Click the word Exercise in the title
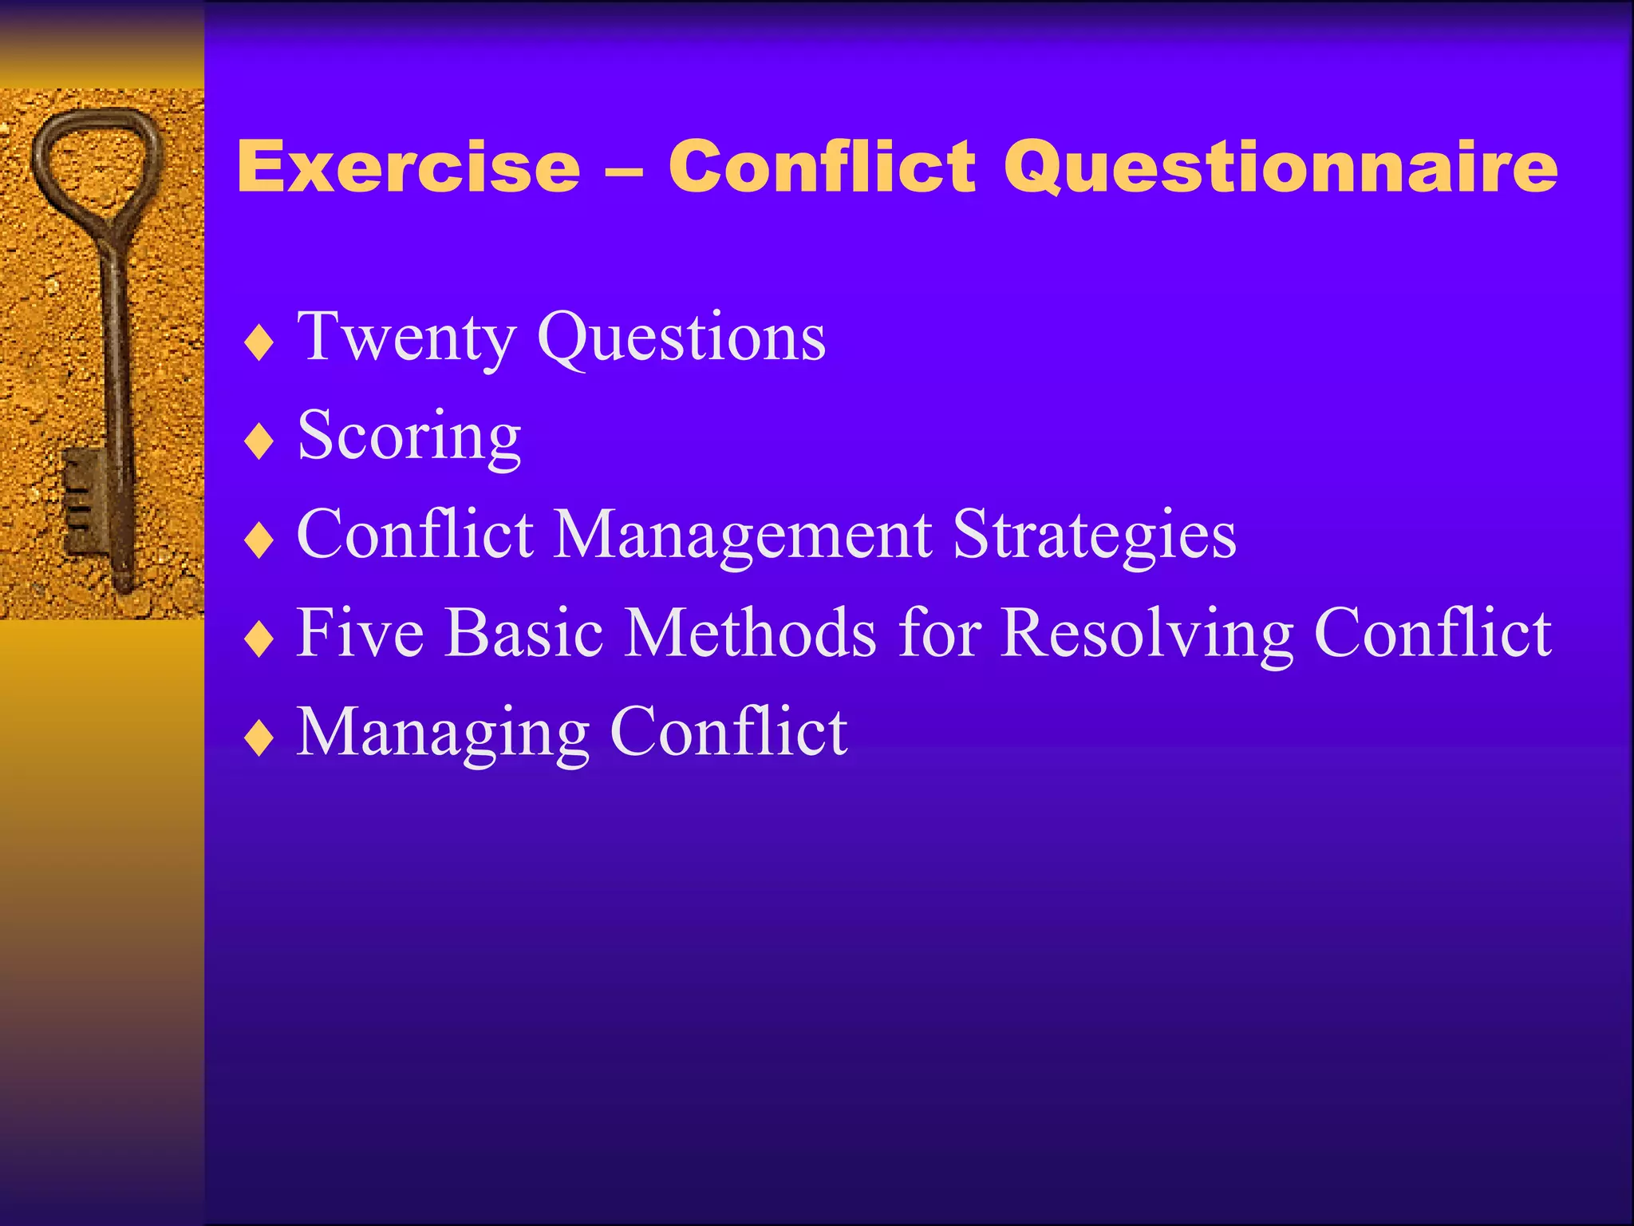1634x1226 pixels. (408, 167)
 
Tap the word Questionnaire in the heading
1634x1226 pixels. (1280, 167)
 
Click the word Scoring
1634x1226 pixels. (408, 437)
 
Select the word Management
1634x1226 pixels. (742, 535)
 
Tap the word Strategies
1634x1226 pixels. (1094, 535)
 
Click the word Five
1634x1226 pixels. (360, 633)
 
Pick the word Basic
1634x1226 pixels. (523, 633)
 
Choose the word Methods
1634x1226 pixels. (750, 633)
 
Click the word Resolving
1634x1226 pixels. (1146, 633)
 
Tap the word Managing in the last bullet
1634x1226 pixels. (443, 733)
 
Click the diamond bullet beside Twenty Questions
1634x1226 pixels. (259, 344)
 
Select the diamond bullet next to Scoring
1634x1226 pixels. (259, 442)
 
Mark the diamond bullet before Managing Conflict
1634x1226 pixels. (259, 738)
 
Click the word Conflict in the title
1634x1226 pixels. (822, 167)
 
